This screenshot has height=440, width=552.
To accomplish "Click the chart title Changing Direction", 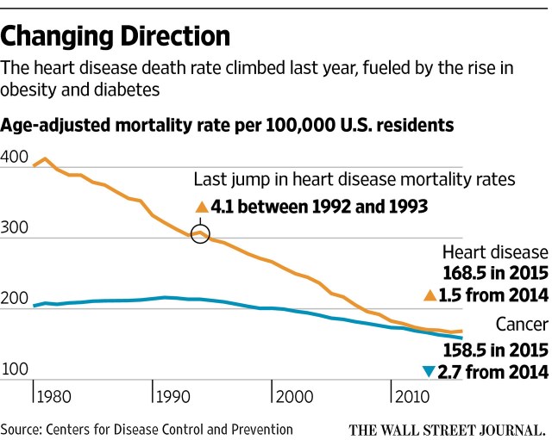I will point(116,36).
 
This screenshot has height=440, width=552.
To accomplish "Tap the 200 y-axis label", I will point(14,299).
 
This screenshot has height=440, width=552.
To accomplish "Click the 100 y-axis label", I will point(14,369).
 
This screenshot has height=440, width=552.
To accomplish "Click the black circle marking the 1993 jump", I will point(199,233).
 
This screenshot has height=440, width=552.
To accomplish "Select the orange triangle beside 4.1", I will point(202,207).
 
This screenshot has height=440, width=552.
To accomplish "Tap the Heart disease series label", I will point(495,252).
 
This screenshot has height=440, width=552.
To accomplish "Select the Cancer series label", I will point(521,325).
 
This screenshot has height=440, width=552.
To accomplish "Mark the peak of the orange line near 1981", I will point(45,158).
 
